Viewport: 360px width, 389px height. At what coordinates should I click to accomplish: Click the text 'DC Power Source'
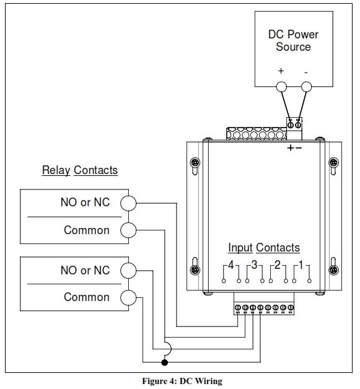coord(293,40)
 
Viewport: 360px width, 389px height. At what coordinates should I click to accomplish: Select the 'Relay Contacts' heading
coord(79,170)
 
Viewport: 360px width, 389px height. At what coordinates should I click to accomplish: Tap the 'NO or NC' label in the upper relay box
coord(85,203)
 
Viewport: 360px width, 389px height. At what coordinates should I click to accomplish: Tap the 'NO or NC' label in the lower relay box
coord(85,270)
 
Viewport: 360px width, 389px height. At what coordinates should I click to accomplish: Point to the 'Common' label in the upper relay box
coord(86,230)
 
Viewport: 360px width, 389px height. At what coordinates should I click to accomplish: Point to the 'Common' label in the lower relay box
coord(86,297)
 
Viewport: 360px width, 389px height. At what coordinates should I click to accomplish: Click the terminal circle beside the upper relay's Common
coord(128,230)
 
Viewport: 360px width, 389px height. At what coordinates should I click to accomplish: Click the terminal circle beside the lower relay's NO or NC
coord(128,271)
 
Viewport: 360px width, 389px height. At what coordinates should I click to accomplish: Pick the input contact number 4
coord(231,266)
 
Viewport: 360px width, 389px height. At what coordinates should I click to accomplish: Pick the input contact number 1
coord(301,266)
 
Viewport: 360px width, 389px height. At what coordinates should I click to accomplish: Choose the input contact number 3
coord(254,266)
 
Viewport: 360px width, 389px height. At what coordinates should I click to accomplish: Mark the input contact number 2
coord(278,266)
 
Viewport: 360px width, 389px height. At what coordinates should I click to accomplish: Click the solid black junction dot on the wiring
coord(164,362)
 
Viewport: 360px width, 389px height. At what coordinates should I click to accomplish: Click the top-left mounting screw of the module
coord(195,162)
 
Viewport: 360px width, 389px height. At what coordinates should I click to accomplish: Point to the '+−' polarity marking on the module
coord(294,148)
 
